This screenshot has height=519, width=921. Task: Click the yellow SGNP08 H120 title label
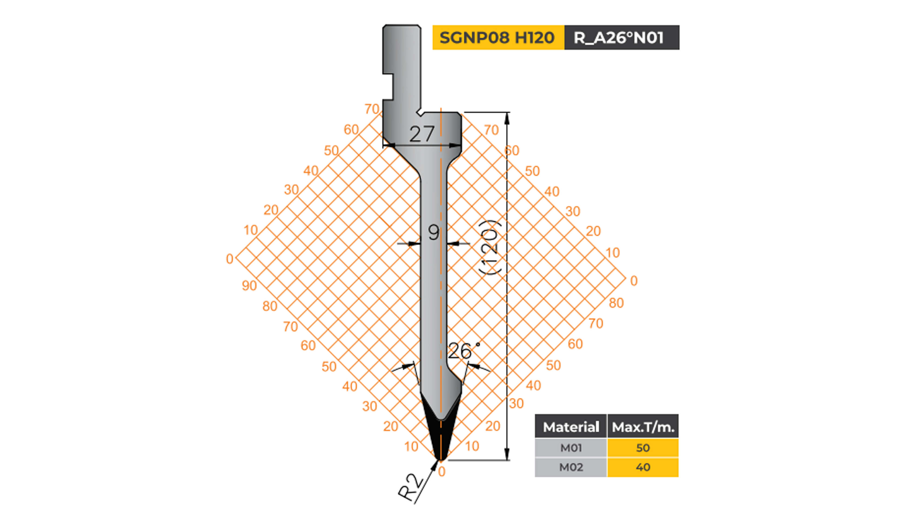coord(498,38)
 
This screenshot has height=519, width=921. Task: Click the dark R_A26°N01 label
coord(621,38)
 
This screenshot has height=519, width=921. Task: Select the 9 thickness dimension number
coord(433,232)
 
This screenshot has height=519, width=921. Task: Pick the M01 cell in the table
coord(571,447)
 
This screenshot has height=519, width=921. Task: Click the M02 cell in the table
coord(571,467)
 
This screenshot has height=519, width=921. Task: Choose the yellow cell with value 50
coord(643,447)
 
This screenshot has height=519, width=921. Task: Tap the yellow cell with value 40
coord(643,467)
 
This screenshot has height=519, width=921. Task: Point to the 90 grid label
coord(249,285)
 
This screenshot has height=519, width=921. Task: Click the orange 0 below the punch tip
coord(442,472)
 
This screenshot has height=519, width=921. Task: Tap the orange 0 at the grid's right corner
coord(634,281)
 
